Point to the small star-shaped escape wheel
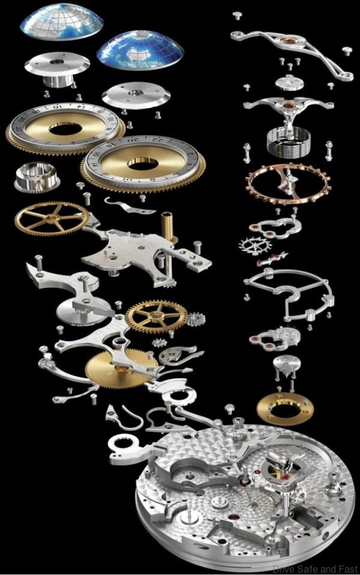pyautogui.click(x=254, y=245)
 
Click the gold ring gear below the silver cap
pyautogui.click(x=285, y=409)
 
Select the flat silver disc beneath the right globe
pyautogui.click(x=136, y=95)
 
